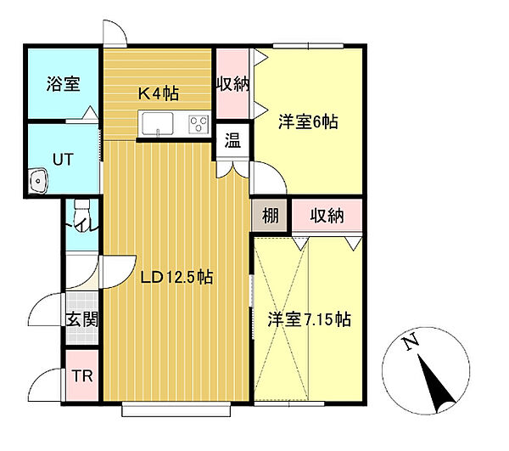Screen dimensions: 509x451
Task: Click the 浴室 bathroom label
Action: click(x=63, y=83)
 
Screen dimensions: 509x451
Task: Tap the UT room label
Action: click(x=63, y=160)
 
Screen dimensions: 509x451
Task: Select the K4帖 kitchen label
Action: click(x=159, y=93)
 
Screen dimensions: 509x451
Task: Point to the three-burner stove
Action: click(x=199, y=125)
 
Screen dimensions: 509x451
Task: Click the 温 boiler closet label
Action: click(x=232, y=141)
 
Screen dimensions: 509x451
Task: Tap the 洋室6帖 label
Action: click(x=308, y=122)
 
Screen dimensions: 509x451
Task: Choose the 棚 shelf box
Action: click(x=270, y=216)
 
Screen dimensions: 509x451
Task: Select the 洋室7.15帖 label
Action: click(x=309, y=319)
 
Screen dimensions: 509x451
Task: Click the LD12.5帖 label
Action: click(x=177, y=277)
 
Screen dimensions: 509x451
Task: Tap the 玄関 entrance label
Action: click(x=82, y=319)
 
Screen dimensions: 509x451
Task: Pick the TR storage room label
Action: click(x=82, y=376)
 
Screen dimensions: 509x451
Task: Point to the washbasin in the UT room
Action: click(x=38, y=181)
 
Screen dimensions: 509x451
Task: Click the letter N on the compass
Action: click(x=411, y=342)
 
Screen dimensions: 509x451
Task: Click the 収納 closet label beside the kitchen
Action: click(x=232, y=84)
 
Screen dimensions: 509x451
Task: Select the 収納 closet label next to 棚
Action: click(x=327, y=216)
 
